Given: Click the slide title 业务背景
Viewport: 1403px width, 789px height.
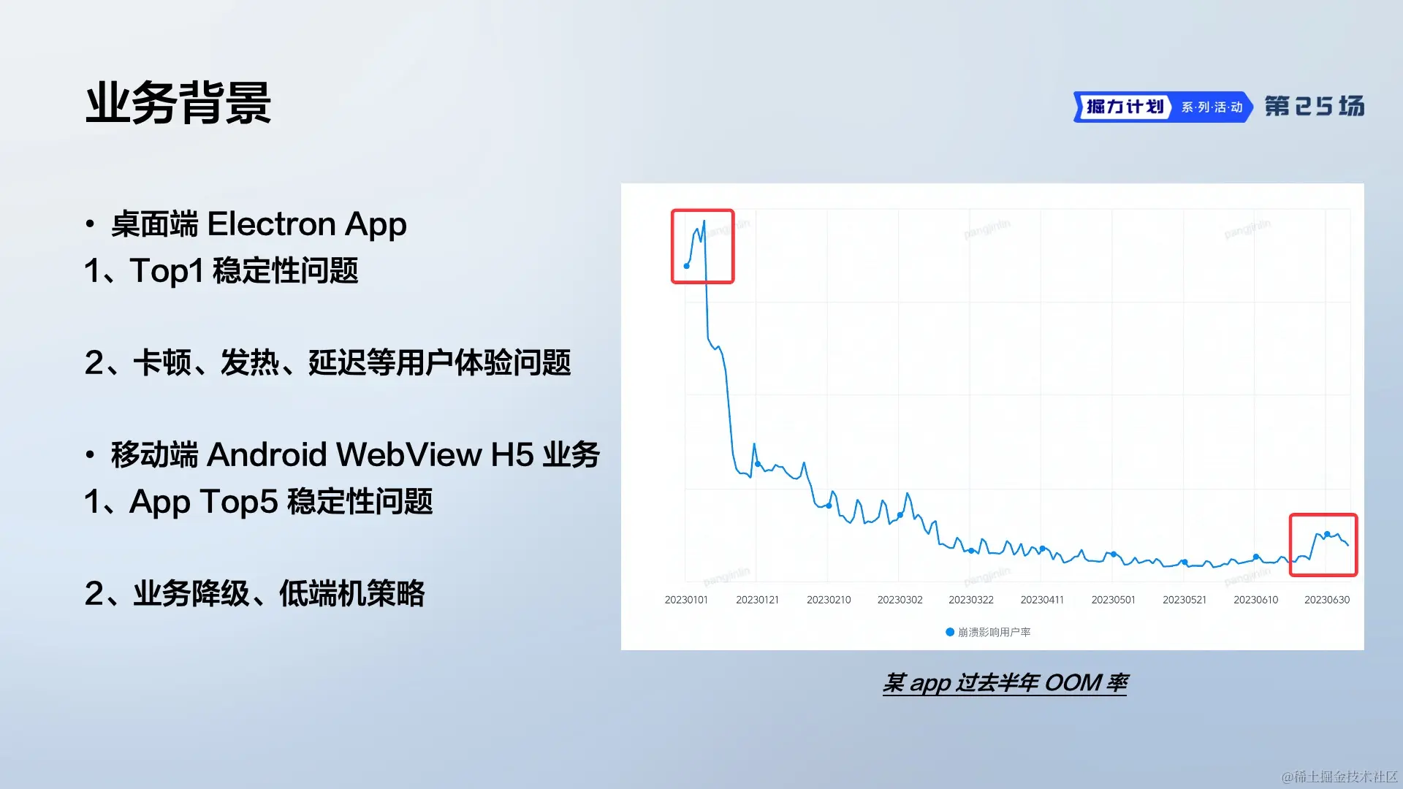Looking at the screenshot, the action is [178, 103].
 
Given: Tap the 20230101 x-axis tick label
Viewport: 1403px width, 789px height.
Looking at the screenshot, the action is [686, 600].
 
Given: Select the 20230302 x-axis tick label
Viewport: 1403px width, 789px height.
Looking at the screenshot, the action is [900, 600].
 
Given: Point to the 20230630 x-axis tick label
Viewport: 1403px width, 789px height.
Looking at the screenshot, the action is [1327, 600].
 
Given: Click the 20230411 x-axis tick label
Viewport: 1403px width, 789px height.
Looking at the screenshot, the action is [1042, 600].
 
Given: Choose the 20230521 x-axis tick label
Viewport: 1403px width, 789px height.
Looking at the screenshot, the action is [1185, 600].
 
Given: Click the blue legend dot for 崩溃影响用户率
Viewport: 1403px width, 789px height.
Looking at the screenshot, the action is [950, 632].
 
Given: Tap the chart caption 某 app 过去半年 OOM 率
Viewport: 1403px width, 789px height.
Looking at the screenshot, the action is [1005, 682].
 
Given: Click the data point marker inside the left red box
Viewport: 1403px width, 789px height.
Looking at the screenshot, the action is [686, 266].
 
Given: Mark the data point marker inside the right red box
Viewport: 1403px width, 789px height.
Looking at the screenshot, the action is [1327, 534].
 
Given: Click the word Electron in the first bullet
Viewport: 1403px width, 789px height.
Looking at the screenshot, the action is [271, 224].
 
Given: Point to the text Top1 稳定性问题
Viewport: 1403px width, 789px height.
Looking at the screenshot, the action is [244, 270].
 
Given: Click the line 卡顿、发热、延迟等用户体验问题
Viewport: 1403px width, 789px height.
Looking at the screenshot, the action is [351, 362].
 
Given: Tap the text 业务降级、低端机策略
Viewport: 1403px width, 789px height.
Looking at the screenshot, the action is [278, 593].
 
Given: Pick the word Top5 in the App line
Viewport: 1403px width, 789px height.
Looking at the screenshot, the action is [240, 502].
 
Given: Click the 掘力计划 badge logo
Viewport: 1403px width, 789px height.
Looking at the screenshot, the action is [1124, 107].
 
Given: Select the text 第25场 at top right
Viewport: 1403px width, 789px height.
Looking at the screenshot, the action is [1315, 107].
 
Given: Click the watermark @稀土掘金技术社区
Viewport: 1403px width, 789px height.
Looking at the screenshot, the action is [1339, 776].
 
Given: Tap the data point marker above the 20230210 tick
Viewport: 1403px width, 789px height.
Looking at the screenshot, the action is [829, 506].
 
